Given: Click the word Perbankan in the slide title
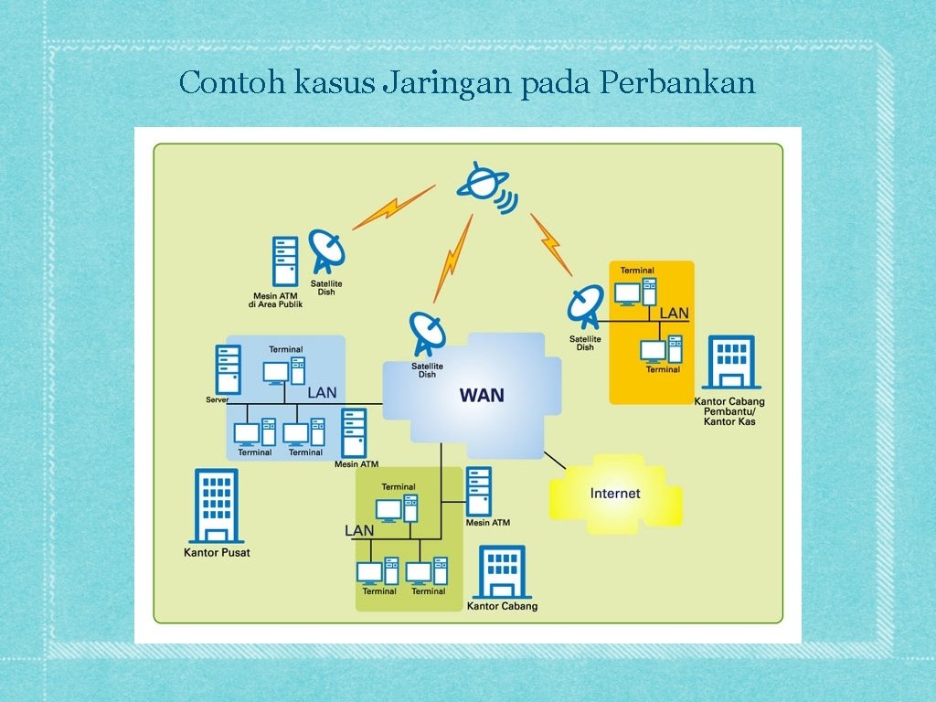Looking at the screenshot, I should pyautogui.click(x=678, y=83).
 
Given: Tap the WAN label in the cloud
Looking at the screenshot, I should pyautogui.click(x=482, y=395).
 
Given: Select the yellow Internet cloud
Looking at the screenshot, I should pyautogui.click(x=615, y=494).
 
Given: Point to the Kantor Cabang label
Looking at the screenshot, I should pyautogui.click(x=502, y=606).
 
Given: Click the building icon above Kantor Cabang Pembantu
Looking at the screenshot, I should pyautogui.click(x=731, y=363).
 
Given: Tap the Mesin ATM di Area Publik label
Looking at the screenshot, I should pyautogui.click(x=275, y=300).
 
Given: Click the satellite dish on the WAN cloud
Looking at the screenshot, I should pyautogui.click(x=427, y=334).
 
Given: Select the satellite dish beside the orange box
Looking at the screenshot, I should pyautogui.click(x=586, y=306).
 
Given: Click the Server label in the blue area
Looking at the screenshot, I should pyautogui.click(x=217, y=399).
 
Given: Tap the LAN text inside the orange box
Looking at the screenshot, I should pyautogui.click(x=674, y=314).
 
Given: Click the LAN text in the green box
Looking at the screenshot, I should pyautogui.click(x=359, y=530).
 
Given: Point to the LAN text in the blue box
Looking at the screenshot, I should pyautogui.click(x=322, y=392).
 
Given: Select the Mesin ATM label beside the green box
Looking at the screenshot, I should pyautogui.click(x=487, y=523).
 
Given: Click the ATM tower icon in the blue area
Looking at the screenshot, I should pyautogui.click(x=354, y=432).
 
